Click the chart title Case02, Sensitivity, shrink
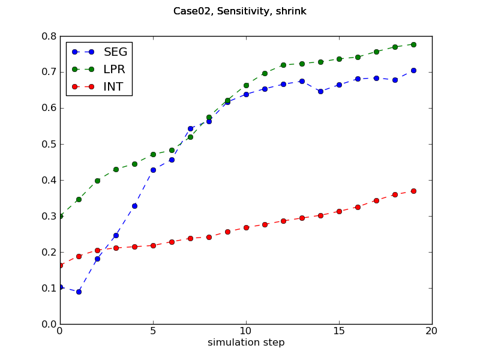pos(240,11)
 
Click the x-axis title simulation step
pos(246,343)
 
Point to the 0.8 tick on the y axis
pos(49,36)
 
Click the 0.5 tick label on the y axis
pos(49,144)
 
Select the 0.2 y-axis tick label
pos(49,252)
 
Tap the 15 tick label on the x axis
pos(339,331)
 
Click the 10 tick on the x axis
pos(246,331)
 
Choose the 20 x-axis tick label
pos(432,331)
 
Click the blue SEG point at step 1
pos(79,292)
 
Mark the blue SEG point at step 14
pos(320,91)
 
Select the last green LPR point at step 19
pos(413,44)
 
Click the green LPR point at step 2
pos(97,181)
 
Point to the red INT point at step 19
pos(413,191)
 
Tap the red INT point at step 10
pos(246,227)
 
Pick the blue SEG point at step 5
pos(153,170)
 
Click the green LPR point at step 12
pos(283,65)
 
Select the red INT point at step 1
pos(79,256)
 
